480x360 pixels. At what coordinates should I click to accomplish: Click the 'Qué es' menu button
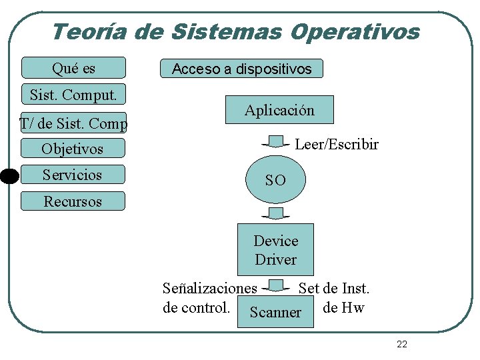[73, 68]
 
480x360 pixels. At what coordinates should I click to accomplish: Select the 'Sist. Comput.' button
[73, 95]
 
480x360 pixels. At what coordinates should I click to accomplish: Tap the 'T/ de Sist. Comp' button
[73, 123]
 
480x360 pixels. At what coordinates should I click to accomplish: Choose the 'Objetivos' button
[73, 149]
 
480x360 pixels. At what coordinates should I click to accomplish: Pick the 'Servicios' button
[73, 175]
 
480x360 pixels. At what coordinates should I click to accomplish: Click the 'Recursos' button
[73, 201]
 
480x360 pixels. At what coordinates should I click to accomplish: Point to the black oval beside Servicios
[9, 176]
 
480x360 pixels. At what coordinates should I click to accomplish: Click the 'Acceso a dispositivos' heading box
[241, 69]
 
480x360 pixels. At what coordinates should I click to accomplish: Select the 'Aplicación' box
[279, 110]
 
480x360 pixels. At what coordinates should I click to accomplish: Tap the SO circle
[275, 179]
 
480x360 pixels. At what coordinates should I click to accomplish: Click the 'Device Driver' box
[275, 249]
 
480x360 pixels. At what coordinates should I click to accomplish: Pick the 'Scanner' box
[275, 312]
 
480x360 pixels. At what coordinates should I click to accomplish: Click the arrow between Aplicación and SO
[275, 141]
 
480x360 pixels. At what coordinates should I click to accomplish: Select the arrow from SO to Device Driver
[275, 213]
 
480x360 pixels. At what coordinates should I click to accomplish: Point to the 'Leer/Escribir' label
[336, 144]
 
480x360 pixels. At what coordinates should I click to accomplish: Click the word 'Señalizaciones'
[209, 288]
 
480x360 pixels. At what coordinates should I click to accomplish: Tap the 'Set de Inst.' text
[334, 288]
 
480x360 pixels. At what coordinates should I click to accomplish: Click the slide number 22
[401, 344]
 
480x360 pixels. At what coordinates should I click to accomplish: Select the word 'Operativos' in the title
[359, 31]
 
